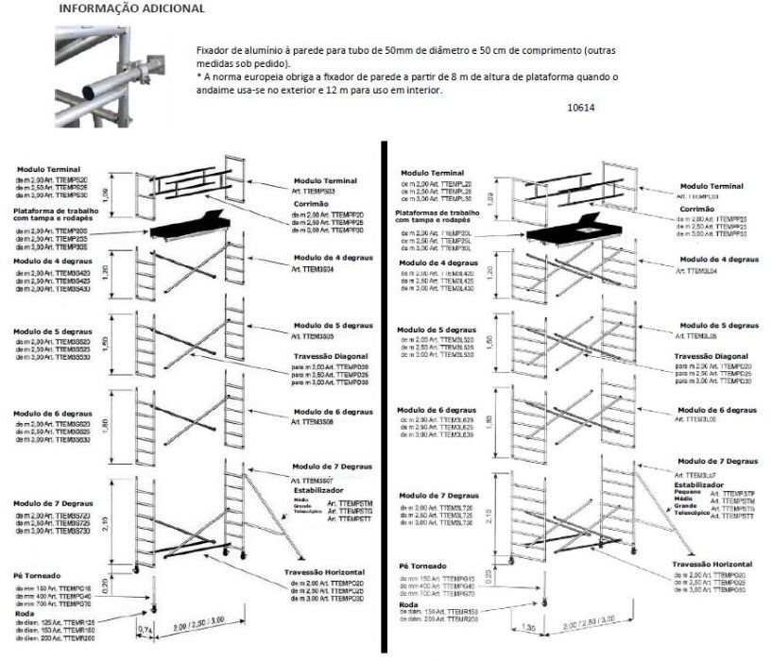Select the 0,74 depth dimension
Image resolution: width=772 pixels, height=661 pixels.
145,627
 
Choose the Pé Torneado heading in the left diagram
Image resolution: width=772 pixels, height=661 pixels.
37,573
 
